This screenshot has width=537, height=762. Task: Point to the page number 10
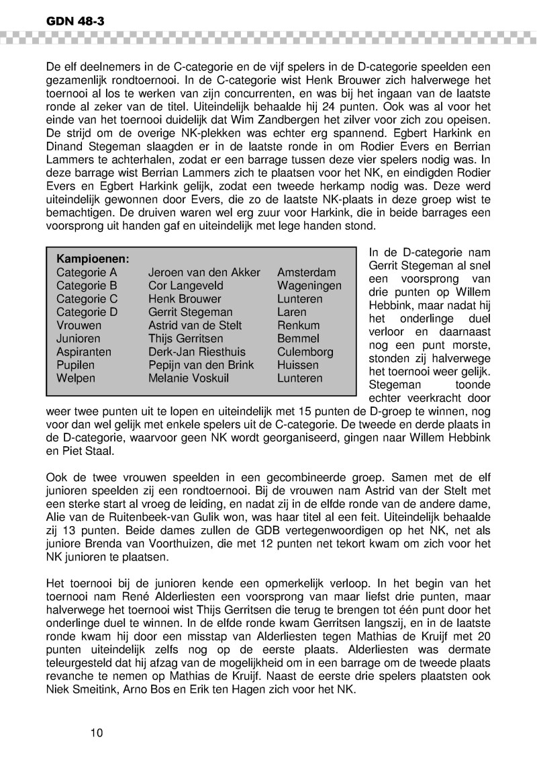[x=97, y=732]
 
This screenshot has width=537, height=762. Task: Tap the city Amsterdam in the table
[x=306, y=272]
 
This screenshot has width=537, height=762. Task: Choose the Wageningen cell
[x=309, y=286]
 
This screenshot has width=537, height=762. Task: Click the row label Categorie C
[x=87, y=298]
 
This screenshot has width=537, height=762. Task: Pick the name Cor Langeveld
[x=185, y=286]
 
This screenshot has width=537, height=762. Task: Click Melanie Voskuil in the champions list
[x=188, y=378]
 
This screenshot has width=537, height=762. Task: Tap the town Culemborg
[x=305, y=351]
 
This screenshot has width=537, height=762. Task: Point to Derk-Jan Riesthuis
[x=197, y=351]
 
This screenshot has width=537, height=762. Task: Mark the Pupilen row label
[x=75, y=365]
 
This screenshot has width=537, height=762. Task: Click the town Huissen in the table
[x=298, y=365]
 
